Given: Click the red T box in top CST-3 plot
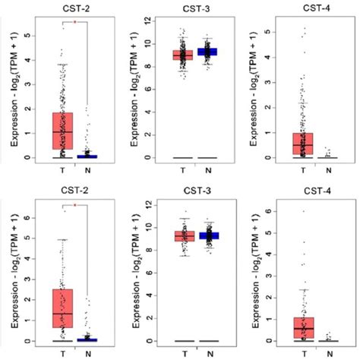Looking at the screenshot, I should [182, 55].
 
